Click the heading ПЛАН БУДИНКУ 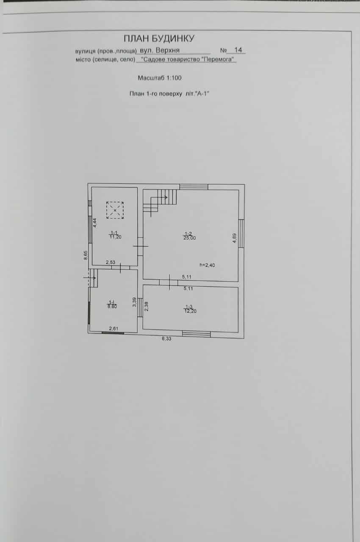pos(159,39)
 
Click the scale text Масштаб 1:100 pos(160,78)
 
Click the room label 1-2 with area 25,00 pos(190,236)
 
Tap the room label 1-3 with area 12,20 pos(190,309)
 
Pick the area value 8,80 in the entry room pos(112,306)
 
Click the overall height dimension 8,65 pos(86,255)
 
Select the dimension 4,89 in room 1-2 pos(235,238)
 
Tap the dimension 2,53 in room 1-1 pos(110,263)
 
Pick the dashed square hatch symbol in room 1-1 pos(115,210)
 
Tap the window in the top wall pos(194,187)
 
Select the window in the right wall pos(241,233)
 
